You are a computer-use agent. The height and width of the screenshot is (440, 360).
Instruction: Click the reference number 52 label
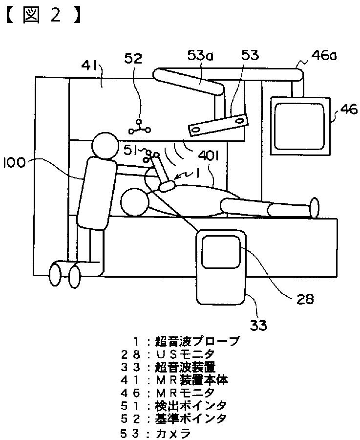133,59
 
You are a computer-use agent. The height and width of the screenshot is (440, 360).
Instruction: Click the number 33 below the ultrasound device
259,324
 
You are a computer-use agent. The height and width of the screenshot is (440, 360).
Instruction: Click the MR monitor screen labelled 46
299,125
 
